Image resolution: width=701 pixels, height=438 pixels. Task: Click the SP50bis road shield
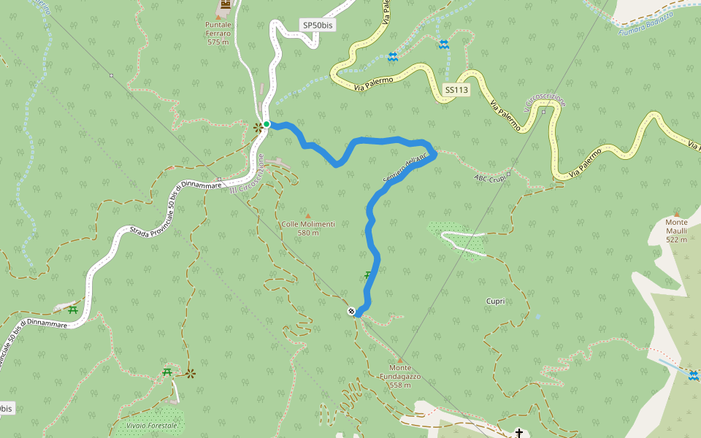click(318, 25)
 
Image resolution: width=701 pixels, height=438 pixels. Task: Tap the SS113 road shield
click(456, 90)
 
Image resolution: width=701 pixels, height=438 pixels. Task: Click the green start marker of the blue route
click(267, 124)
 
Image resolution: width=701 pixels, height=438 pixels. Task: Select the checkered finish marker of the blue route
click(352, 312)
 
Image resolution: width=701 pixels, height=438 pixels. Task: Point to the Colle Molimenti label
click(308, 224)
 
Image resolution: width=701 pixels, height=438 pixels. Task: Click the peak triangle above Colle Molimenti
click(307, 215)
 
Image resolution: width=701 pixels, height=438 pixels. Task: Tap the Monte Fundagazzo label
click(400, 376)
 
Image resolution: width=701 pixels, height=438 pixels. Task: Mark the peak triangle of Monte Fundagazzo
click(400, 359)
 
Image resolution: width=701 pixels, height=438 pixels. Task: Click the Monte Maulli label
click(677, 226)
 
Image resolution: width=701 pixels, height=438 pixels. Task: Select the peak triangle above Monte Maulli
click(676, 213)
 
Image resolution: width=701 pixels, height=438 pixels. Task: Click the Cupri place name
click(496, 301)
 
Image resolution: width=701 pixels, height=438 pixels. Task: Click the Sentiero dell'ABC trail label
click(405, 169)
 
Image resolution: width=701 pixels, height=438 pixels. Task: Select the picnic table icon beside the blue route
click(368, 275)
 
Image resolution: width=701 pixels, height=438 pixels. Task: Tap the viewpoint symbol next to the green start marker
click(258, 128)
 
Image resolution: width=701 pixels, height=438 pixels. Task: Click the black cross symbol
click(519, 433)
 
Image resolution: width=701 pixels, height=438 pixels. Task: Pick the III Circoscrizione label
click(246, 178)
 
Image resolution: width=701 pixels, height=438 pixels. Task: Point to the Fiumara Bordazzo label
click(645, 24)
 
